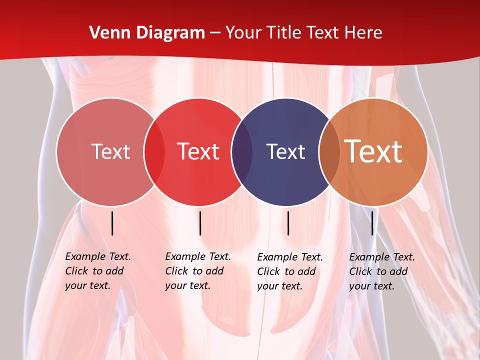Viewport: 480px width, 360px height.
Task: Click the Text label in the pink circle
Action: (110, 151)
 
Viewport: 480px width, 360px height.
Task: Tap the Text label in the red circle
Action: (198, 151)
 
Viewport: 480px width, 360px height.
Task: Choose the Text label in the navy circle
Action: (285, 151)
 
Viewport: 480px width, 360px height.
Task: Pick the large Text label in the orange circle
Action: (373, 151)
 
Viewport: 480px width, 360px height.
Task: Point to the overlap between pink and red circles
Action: (154, 152)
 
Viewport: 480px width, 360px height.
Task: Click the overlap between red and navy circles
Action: (242, 152)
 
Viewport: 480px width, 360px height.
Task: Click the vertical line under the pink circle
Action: (112, 223)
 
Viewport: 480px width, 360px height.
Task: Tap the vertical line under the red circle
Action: (200, 223)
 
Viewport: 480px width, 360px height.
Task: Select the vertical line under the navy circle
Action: (288, 223)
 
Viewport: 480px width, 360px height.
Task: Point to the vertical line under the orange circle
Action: (372, 223)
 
